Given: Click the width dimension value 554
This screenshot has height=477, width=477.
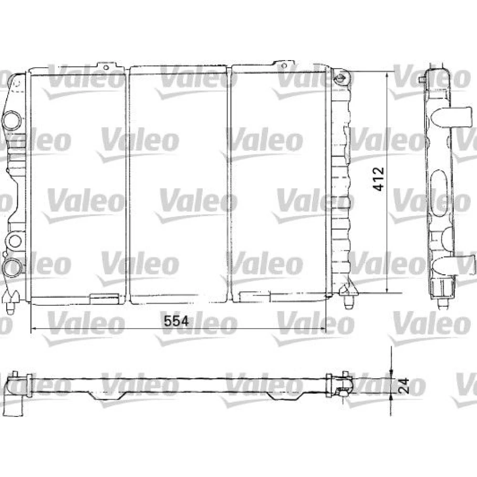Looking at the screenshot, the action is coord(176,321).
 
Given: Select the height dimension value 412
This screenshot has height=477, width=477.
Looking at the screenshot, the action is coord(379,179).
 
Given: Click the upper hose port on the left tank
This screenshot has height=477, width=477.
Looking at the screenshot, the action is coord(12,120).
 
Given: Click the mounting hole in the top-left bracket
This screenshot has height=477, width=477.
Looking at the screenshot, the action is coord(106,67).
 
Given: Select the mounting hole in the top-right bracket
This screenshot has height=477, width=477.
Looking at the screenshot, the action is coord(284,65).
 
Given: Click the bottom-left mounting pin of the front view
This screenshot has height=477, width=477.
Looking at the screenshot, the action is coord(11,302).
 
